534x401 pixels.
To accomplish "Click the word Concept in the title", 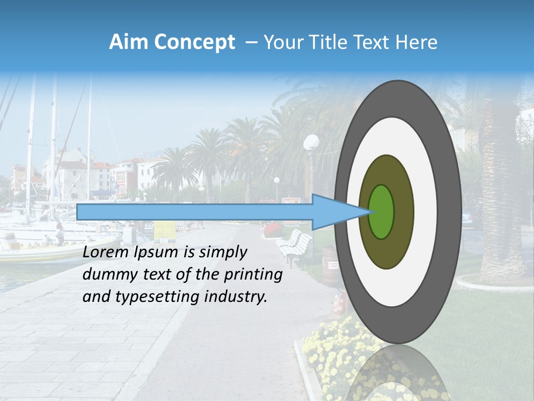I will tap(195, 42).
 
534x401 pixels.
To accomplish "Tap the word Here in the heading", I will tap(417, 42).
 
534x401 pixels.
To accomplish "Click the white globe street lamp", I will tap(312, 142).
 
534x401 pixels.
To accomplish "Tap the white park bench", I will tap(295, 245).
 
